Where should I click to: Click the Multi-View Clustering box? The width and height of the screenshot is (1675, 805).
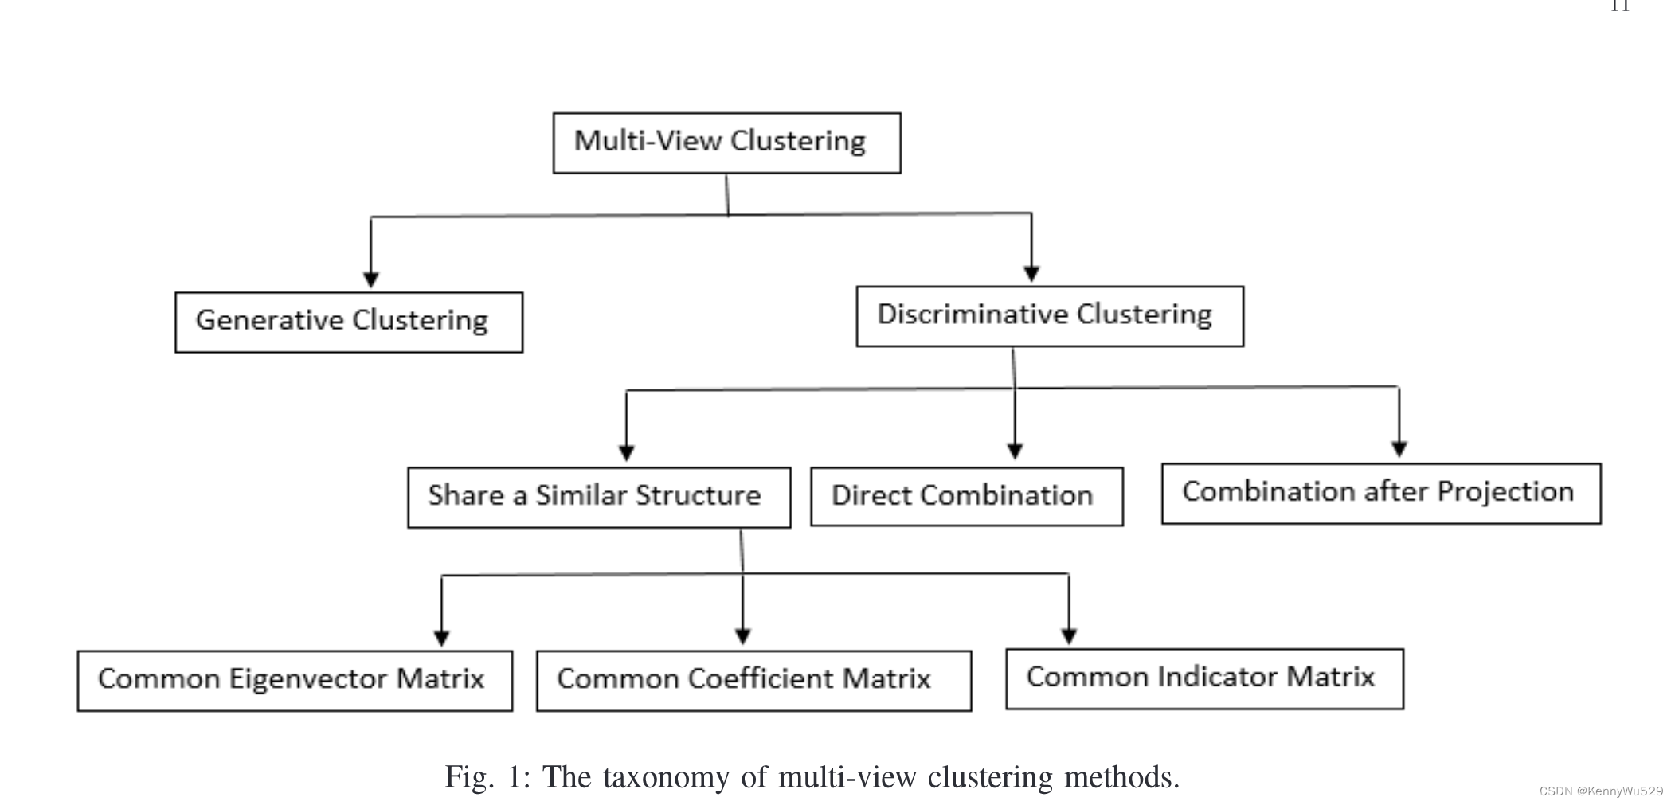point(726,143)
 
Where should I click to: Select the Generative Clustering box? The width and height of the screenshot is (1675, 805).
point(349,322)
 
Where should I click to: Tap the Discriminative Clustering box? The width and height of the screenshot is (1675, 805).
point(1049,316)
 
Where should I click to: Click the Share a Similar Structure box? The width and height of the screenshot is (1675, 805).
point(599,497)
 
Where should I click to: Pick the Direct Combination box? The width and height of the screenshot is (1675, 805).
point(966,496)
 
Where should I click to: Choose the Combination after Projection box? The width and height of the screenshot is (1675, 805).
point(1380,493)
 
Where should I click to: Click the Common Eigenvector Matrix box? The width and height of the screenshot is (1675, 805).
point(295,680)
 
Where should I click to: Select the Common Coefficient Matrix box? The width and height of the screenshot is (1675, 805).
point(753,680)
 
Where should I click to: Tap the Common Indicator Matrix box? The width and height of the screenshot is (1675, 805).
point(1204,678)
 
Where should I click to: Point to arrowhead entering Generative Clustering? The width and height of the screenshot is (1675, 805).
point(370,279)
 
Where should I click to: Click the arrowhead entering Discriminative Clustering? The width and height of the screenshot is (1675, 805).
point(1031,274)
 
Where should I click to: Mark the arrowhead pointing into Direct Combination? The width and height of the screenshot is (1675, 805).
point(1015,451)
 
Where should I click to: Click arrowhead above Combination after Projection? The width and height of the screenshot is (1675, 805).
point(1399,449)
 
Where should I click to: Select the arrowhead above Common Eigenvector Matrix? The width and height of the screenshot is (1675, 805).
point(442,638)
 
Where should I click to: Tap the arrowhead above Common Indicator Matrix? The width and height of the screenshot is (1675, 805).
point(1069,636)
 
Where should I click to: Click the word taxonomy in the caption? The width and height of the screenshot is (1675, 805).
point(667,777)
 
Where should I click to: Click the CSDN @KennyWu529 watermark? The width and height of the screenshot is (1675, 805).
point(1601,791)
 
